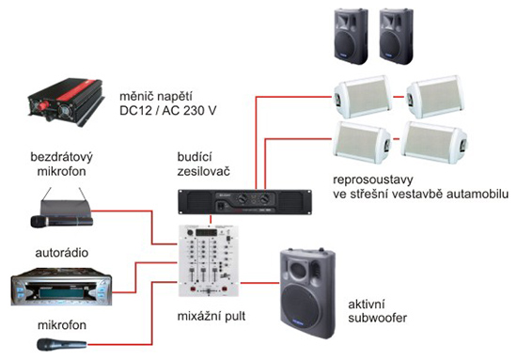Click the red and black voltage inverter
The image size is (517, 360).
[66, 102]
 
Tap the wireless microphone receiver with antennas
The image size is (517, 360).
[62, 208]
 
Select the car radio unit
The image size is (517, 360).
[61, 287]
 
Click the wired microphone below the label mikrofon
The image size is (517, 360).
[62, 345]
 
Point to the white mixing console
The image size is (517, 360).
[209, 260]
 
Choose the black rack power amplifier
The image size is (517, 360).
[244, 202]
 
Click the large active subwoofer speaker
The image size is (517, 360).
[308, 293]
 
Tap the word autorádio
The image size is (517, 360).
[62, 253]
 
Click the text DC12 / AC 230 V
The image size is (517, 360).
[168, 111]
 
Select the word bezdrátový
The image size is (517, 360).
[62, 157]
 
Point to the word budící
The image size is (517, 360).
[195, 157]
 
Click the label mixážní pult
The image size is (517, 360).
[211, 316]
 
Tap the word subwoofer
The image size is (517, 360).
[377, 318]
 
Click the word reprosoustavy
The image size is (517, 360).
[373, 180]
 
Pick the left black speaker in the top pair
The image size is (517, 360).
[351, 37]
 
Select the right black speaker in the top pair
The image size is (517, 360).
[396, 37]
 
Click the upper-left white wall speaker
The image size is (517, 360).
[363, 97]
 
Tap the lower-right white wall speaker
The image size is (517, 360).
[434, 143]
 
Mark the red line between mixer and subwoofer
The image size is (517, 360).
[260, 283]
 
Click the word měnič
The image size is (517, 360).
[135, 96]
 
